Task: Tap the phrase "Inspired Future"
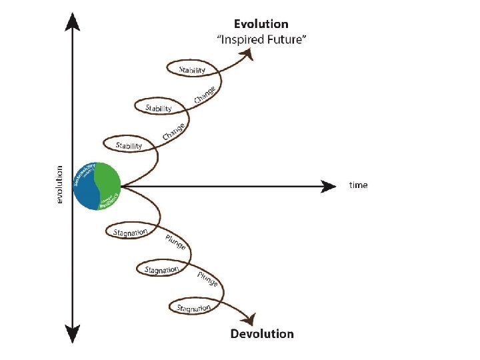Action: [261, 39]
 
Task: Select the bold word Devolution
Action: [261, 333]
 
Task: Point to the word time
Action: [358, 185]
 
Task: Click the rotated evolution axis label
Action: [59, 185]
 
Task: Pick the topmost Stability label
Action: [192, 69]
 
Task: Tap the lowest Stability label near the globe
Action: [129, 145]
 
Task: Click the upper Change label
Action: [205, 94]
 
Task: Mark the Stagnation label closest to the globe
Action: [130, 232]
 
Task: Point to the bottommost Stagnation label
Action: [194, 307]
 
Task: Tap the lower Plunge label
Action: [208, 280]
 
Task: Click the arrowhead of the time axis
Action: [329, 186]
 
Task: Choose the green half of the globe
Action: [109, 181]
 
